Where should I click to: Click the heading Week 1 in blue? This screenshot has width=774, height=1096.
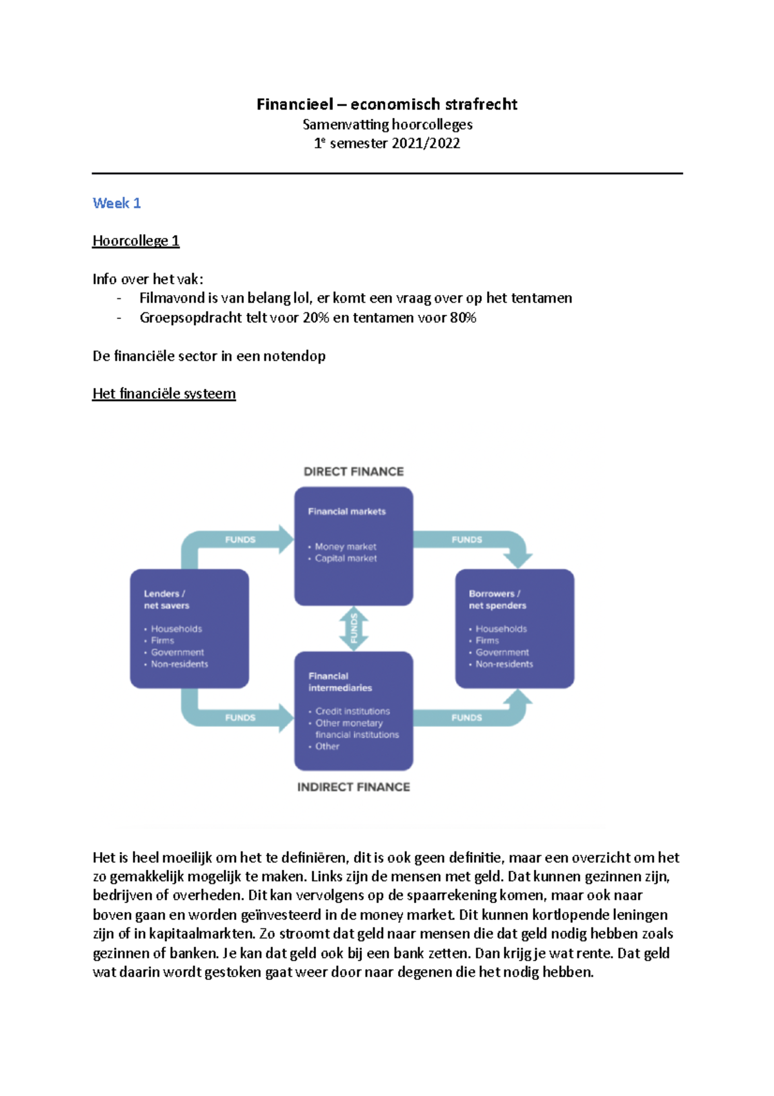[117, 203]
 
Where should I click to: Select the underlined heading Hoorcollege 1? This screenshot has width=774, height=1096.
[135, 241]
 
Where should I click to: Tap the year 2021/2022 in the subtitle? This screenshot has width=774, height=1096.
[426, 143]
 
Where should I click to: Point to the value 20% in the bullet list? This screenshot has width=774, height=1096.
[316, 318]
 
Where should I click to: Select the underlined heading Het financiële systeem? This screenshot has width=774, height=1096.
[164, 394]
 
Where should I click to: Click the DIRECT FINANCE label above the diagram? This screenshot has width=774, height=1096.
[353, 472]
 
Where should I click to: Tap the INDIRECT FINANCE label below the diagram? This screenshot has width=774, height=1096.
[353, 787]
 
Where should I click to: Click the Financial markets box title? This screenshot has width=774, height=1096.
[347, 511]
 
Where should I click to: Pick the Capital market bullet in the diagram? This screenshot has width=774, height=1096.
[346, 558]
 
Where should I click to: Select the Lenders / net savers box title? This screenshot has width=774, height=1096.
[166, 600]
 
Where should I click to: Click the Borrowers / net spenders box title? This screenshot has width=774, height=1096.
[497, 600]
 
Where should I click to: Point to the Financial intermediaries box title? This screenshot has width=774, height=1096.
[340, 682]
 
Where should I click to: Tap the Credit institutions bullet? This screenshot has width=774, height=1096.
[352, 711]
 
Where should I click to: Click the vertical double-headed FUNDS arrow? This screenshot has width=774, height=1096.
[353, 628]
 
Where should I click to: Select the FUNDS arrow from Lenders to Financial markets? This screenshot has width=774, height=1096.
[241, 540]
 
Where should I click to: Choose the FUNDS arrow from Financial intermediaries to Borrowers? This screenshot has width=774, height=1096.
[467, 718]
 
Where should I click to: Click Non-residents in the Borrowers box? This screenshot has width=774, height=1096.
[504, 664]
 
